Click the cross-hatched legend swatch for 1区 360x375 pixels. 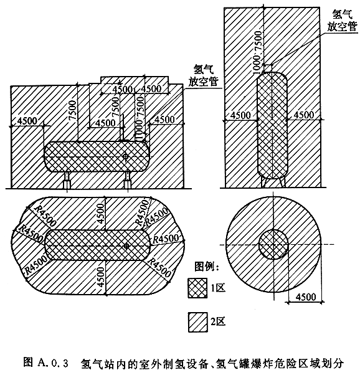197,288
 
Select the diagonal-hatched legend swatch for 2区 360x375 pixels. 197,322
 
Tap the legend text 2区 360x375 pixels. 218,321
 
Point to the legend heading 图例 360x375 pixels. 206,266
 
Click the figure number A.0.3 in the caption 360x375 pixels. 52,363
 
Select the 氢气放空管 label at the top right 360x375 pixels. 342,21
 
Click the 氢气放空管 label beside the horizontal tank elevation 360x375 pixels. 203,75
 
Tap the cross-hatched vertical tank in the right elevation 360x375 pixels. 272,125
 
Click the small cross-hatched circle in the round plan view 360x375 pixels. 273,244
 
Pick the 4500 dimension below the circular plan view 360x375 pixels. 306,297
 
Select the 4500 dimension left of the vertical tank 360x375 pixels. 240,115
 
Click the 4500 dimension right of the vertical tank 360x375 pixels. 303,115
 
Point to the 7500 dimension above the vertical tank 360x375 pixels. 259,41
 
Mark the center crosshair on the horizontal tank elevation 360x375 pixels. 125,156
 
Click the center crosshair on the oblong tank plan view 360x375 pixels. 126,245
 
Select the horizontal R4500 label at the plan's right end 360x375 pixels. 166,239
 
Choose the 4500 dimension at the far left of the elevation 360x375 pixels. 27,121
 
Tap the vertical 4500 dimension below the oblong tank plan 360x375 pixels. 101,277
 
